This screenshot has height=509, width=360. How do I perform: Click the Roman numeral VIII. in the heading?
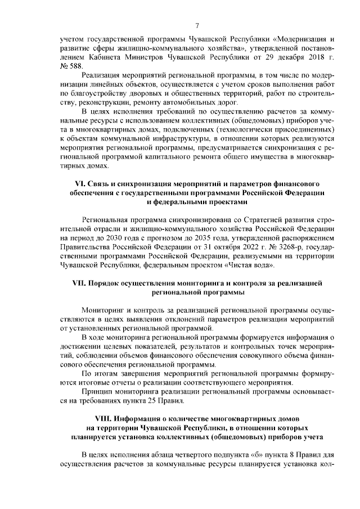(104, 419)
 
